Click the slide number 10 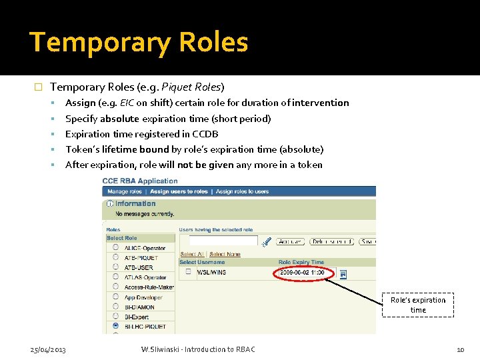460,350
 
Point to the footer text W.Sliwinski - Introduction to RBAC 198,350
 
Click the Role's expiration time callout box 418,305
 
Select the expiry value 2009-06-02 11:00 302,273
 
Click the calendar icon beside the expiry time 343,273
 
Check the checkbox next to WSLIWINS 188,272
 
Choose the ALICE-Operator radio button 117,248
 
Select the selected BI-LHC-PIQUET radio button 117,326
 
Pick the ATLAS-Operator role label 145,277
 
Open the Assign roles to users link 242,191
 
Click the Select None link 225,254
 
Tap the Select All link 192,254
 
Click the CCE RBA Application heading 140,181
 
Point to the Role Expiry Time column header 301,263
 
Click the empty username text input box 223,241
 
